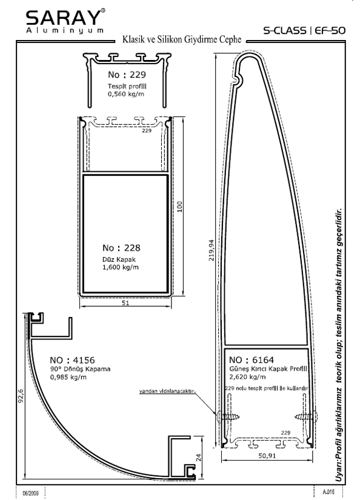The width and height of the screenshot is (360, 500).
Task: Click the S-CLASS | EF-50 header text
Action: [x=304, y=30]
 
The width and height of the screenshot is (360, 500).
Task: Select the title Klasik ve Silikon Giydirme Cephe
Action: [x=182, y=39]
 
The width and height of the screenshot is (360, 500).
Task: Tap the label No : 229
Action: [x=127, y=75]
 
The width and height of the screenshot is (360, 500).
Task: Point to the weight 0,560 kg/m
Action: [x=126, y=94]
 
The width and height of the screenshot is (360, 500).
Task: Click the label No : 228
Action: [x=121, y=248]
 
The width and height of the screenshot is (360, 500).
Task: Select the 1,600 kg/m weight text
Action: [x=121, y=267]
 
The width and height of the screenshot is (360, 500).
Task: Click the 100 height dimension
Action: [x=179, y=207]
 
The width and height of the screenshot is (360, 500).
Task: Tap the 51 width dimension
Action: [x=125, y=303]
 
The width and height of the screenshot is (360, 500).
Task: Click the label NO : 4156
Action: [x=72, y=360]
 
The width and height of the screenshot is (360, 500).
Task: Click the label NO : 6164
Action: [x=252, y=360]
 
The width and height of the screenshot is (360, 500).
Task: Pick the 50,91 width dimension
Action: [x=267, y=456]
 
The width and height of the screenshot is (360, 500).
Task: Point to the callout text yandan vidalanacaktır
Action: [x=167, y=391]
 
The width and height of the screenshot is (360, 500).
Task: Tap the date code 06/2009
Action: [x=31, y=493]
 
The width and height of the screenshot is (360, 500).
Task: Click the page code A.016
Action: [x=328, y=492]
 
